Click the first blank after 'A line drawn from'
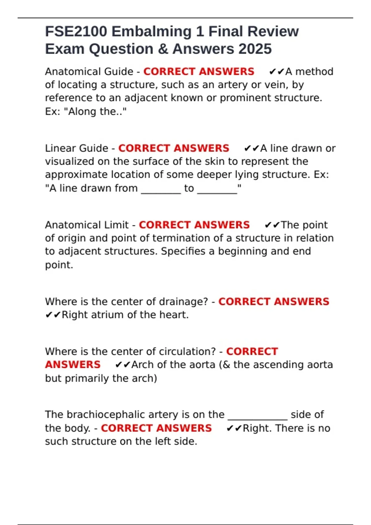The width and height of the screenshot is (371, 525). pos(161,188)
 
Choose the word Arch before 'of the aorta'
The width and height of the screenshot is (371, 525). pos(143,365)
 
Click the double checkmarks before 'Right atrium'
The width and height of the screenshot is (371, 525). pos(53,315)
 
